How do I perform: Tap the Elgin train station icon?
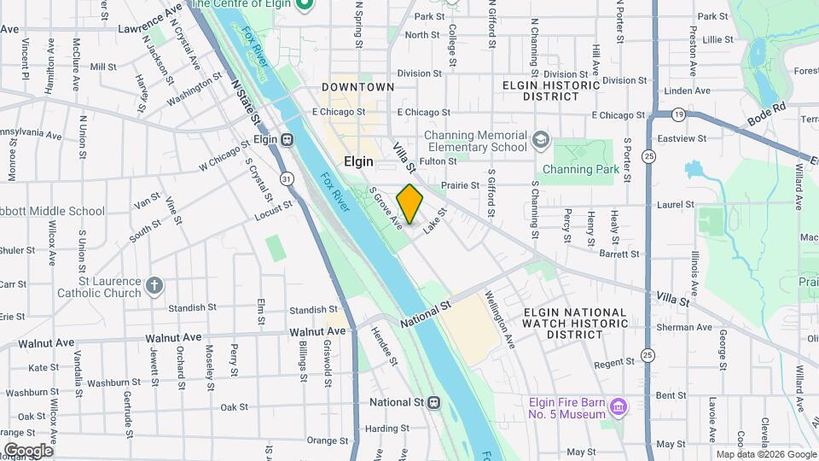(x=288, y=139)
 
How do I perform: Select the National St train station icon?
(x=433, y=402)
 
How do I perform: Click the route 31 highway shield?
(x=288, y=178)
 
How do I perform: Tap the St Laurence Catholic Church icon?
(x=154, y=285)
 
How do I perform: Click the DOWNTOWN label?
(x=358, y=87)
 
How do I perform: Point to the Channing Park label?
(x=581, y=170)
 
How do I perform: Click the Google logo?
(x=28, y=450)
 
